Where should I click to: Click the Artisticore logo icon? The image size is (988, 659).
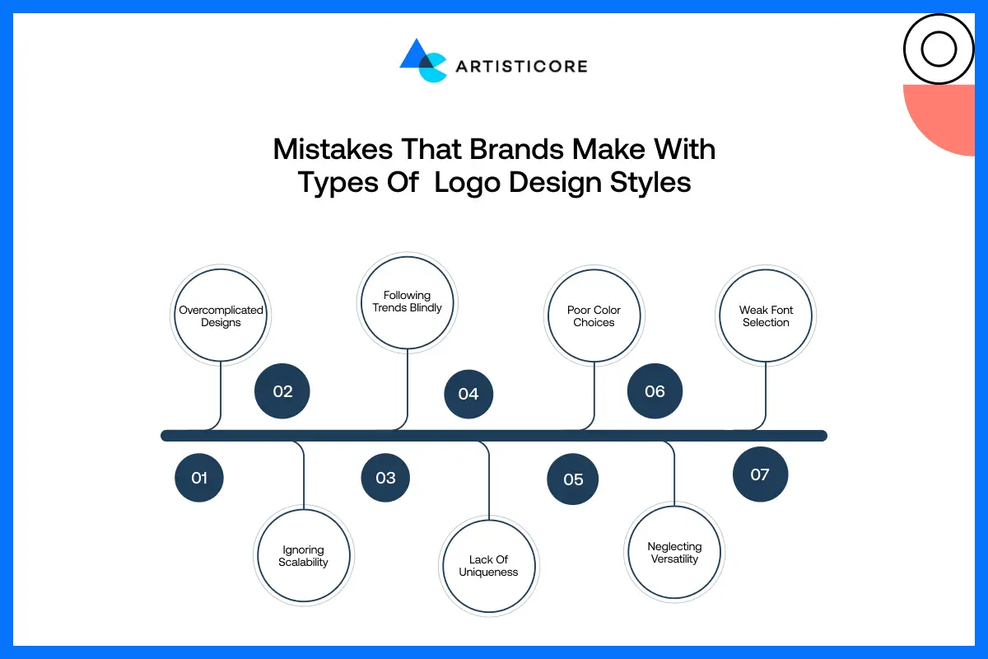click(422, 60)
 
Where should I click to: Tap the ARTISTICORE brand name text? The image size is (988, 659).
click(521, 66)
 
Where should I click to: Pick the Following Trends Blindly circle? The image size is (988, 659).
click(408, 301)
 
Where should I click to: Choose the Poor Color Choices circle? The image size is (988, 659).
click(594, 316)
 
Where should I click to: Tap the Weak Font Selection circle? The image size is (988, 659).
click(766, 316)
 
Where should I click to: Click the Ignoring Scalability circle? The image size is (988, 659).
click(303, 556)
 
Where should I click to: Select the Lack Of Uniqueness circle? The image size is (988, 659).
click(488, 566)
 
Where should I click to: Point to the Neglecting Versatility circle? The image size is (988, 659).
click(674, 553)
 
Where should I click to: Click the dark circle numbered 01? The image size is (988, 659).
click(199, 478)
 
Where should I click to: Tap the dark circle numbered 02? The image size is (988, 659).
click(282, 391)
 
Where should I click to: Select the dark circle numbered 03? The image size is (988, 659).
click(385, 478)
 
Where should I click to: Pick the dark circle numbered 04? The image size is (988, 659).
click(468, 394)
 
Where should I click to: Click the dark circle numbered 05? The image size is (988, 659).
click(573, 479)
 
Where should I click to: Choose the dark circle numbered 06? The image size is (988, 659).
click(655, 391)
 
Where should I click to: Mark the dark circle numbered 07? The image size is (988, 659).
click(760, 474)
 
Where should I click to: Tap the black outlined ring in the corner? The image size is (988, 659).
click(938, 49)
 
